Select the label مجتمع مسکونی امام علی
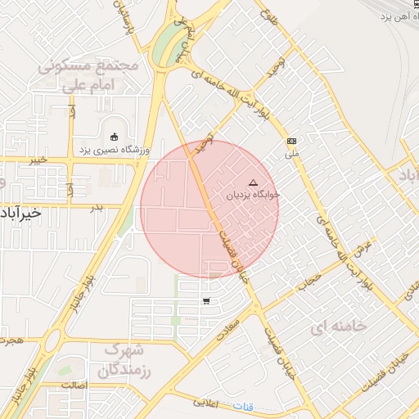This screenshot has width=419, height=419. [x=89, y=74]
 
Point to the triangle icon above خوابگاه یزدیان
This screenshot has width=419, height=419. [x=252, y=182]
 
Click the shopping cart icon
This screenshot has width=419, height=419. [x=205, y=302]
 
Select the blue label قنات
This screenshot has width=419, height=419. [x=243, y=407]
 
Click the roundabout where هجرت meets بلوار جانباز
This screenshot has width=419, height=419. [x=51, y=340]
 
